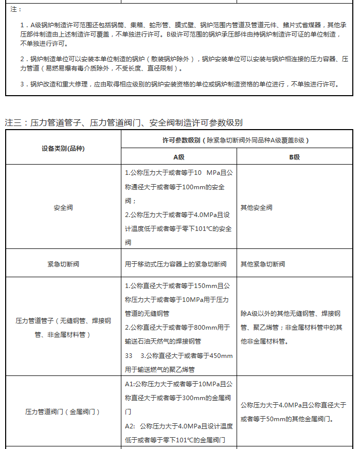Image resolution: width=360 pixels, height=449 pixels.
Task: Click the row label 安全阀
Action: click(x=63, y=208)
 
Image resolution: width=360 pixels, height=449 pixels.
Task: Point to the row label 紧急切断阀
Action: click(x=63, y=264)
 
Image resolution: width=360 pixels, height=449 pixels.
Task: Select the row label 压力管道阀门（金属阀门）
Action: click(x=63, y=411)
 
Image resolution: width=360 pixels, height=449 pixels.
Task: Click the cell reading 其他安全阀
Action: click(x=257, y=208)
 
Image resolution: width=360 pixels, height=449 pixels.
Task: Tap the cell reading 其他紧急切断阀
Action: click(x=263, y=264)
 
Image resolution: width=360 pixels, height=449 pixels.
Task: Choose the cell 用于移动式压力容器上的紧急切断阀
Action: click(x=175, y=264)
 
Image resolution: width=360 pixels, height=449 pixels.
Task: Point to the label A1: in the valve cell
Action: click(x=130, y=384)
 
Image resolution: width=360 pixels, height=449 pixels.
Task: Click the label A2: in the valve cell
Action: click(x=130, y=426)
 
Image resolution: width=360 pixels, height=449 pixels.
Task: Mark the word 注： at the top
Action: click(x=16, y=9)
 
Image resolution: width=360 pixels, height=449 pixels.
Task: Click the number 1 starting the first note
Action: click(x=22, y=25)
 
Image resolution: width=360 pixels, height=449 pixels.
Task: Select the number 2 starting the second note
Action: click(x=22, y=59)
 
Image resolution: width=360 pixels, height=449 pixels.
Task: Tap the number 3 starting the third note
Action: click(x=22, y=84)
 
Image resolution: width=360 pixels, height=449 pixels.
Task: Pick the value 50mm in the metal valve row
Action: click(x=274, y=419)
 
